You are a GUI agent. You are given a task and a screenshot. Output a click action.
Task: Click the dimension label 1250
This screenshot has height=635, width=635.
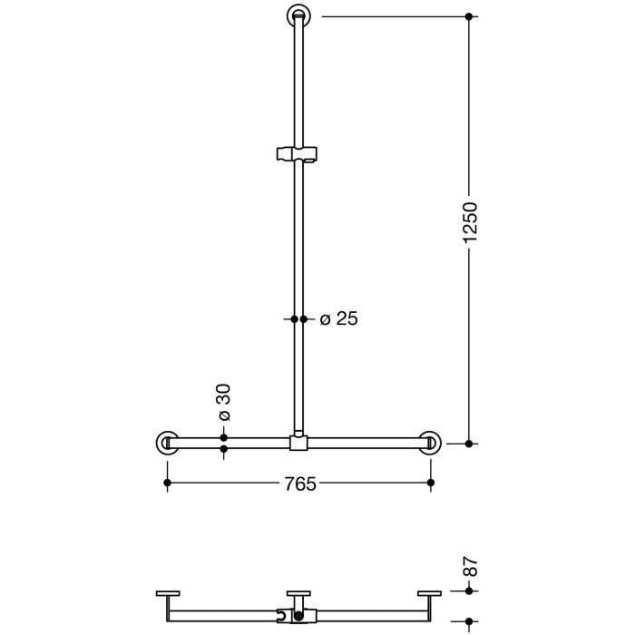(x=469, y=222)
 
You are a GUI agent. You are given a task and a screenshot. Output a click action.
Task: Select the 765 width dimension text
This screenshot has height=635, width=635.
(x=298, y=484)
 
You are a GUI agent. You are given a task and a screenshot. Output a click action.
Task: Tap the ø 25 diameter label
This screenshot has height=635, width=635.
(x=339, y=318)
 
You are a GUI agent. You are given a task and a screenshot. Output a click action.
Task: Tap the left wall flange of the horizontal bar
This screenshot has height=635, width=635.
(x=167, y=443)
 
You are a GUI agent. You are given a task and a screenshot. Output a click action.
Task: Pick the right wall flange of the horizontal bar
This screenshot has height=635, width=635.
(x=430, y=443)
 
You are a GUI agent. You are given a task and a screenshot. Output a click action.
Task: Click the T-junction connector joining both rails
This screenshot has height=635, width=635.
(x=298, y=443)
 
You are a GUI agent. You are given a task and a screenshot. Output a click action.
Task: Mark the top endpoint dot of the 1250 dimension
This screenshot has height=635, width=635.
(x=469, y=16)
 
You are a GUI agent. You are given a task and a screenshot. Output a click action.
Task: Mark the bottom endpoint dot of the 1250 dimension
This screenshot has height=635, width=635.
(x=469, y=444)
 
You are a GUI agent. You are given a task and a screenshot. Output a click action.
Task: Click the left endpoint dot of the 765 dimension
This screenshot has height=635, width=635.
(x=167, y=484)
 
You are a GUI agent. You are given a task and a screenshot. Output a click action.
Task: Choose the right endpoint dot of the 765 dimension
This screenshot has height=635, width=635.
(x=430, y=484)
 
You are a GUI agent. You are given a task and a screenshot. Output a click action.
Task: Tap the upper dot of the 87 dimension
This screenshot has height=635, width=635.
(x=469, y=591)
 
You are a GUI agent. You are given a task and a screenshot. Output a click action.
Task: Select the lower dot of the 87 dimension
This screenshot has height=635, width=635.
(x=469, y=622)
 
